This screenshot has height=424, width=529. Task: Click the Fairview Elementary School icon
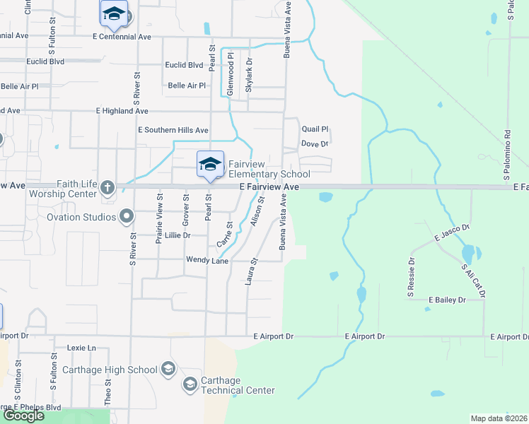209,165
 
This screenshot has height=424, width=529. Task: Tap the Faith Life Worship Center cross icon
107,187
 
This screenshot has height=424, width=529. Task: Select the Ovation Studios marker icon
127,216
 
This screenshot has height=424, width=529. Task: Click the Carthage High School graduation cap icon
168,369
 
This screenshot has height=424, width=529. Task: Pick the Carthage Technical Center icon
190,384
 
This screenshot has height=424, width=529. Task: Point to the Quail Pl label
315,129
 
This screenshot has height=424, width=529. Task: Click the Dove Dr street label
315,143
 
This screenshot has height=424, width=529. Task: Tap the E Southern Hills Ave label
173,130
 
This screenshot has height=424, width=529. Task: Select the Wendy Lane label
207,260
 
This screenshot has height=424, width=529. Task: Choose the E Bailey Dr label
447,300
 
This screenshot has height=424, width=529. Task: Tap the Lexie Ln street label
81,348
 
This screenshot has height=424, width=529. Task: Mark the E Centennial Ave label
122,35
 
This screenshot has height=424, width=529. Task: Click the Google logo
23,415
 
